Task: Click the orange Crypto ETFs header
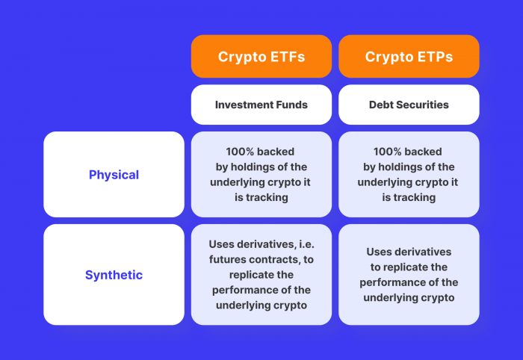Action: click(x=261, y=57)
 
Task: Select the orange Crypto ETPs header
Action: click(x=409, y=57)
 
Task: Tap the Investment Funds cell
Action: click(x=261, y=105)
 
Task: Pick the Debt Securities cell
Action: click(x=409, y=105)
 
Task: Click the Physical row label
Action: click(x=114, y=175)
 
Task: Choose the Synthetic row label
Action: click(x=114, y=275)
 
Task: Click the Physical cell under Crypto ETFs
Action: click(x=261, y=175)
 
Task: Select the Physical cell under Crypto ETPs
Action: click(x=409, y=175)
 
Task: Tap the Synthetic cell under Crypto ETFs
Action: click(x=261, y=275)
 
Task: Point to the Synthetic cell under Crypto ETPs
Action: click(x=409, y=275)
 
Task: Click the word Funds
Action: click(x=291, y=105)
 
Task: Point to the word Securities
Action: click(x=422, y=105)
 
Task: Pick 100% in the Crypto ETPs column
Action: click(x=389, y=152)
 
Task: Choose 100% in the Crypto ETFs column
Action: click(x=241, y=152)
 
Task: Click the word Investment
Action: click(x=243, y=105)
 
